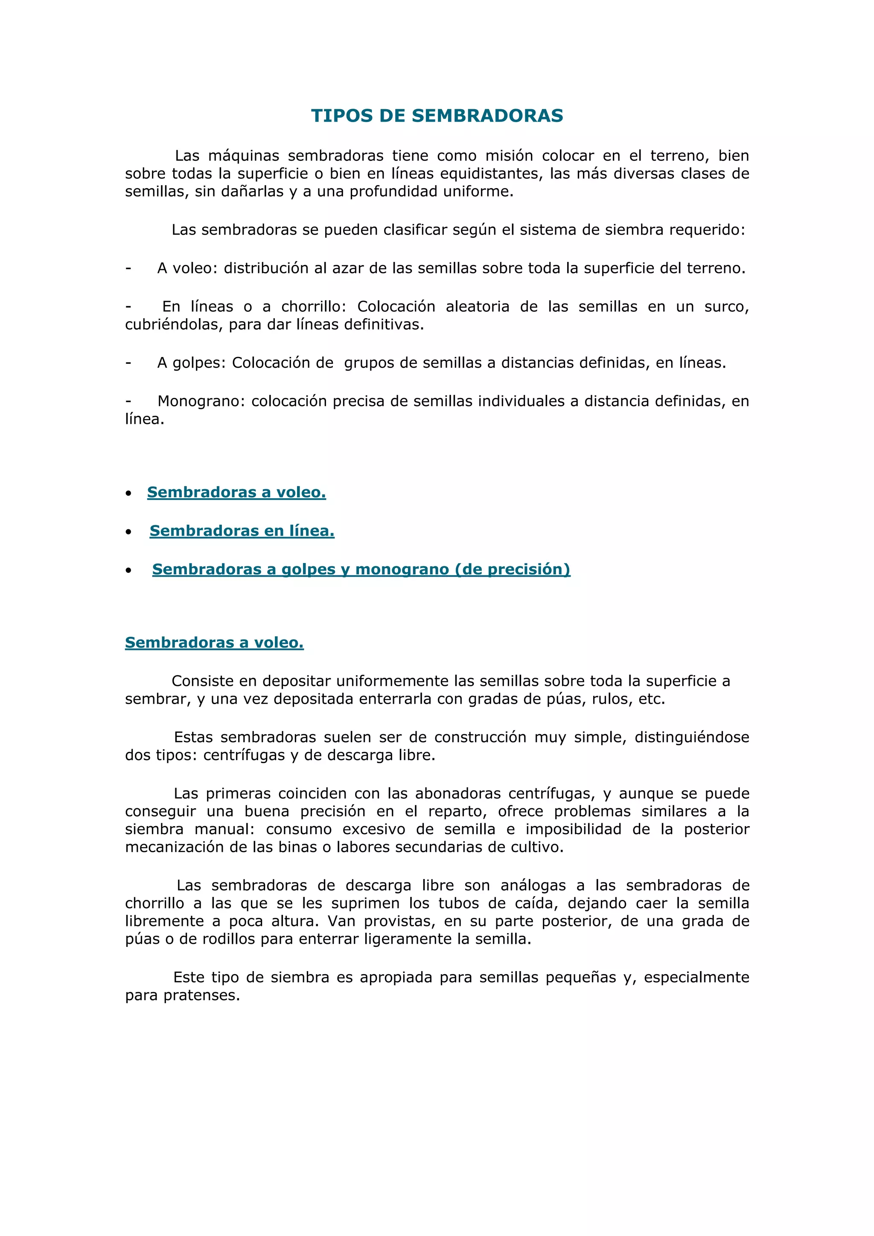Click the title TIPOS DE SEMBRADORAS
(437, 116)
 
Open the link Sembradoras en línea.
(242, 531)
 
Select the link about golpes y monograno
(361, 569)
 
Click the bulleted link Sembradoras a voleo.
(236, 492)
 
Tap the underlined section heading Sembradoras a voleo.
(214, 642)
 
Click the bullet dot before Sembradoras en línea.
(128, 532)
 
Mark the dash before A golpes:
(128, 363)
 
